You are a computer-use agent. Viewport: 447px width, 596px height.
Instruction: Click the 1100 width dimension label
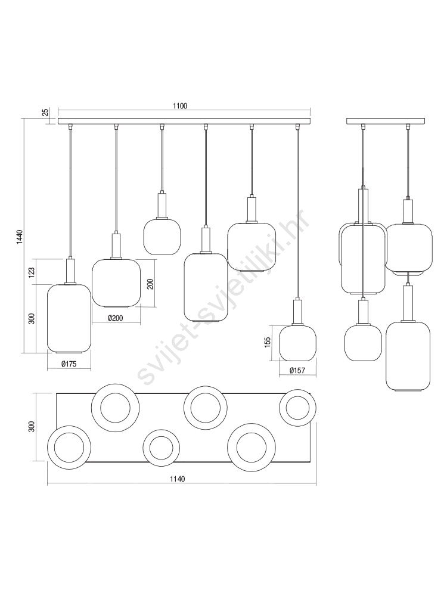pos(180,106)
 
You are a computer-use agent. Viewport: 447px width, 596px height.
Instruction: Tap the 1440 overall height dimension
pos(20,238)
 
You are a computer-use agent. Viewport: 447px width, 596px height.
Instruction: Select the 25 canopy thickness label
pos(45,113)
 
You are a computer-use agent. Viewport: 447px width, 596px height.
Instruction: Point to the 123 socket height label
pos(32,271)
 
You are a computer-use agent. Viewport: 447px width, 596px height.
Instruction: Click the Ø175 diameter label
pos(69,364)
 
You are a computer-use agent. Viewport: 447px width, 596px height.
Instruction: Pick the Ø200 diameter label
pos(115,318)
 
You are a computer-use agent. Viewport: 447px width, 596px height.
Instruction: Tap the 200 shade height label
pos(150,284)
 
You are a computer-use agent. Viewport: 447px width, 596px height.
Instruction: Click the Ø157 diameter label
pos(297,370)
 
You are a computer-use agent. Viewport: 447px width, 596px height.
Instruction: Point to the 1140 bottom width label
pos(177,479)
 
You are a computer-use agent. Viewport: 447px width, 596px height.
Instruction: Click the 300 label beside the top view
pos(32,427)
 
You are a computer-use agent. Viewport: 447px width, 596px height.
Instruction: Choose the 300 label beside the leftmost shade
pos(32,318)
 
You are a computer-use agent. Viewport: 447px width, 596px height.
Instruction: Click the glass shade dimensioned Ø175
pos(69,318)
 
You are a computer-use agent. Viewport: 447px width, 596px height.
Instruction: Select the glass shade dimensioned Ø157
pos(297,343)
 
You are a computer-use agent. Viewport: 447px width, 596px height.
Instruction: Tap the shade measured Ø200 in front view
pos(116,283)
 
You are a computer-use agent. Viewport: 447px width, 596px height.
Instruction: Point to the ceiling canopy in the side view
pos(386,121)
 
